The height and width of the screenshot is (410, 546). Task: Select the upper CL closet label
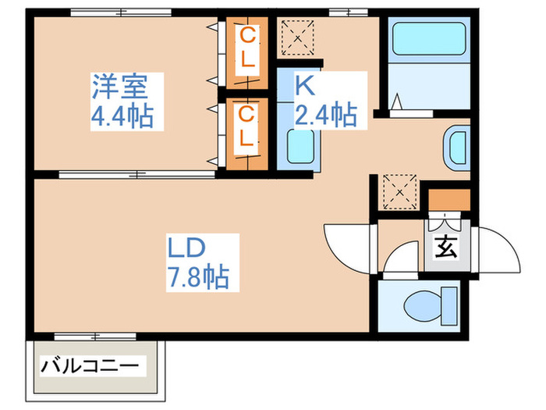[247, 46]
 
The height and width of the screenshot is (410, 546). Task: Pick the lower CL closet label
[246, 127]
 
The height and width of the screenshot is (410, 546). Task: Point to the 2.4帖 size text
[325, 116]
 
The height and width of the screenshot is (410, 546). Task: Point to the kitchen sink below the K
[300, 144]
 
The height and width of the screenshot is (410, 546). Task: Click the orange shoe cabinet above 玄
[449, 200]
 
